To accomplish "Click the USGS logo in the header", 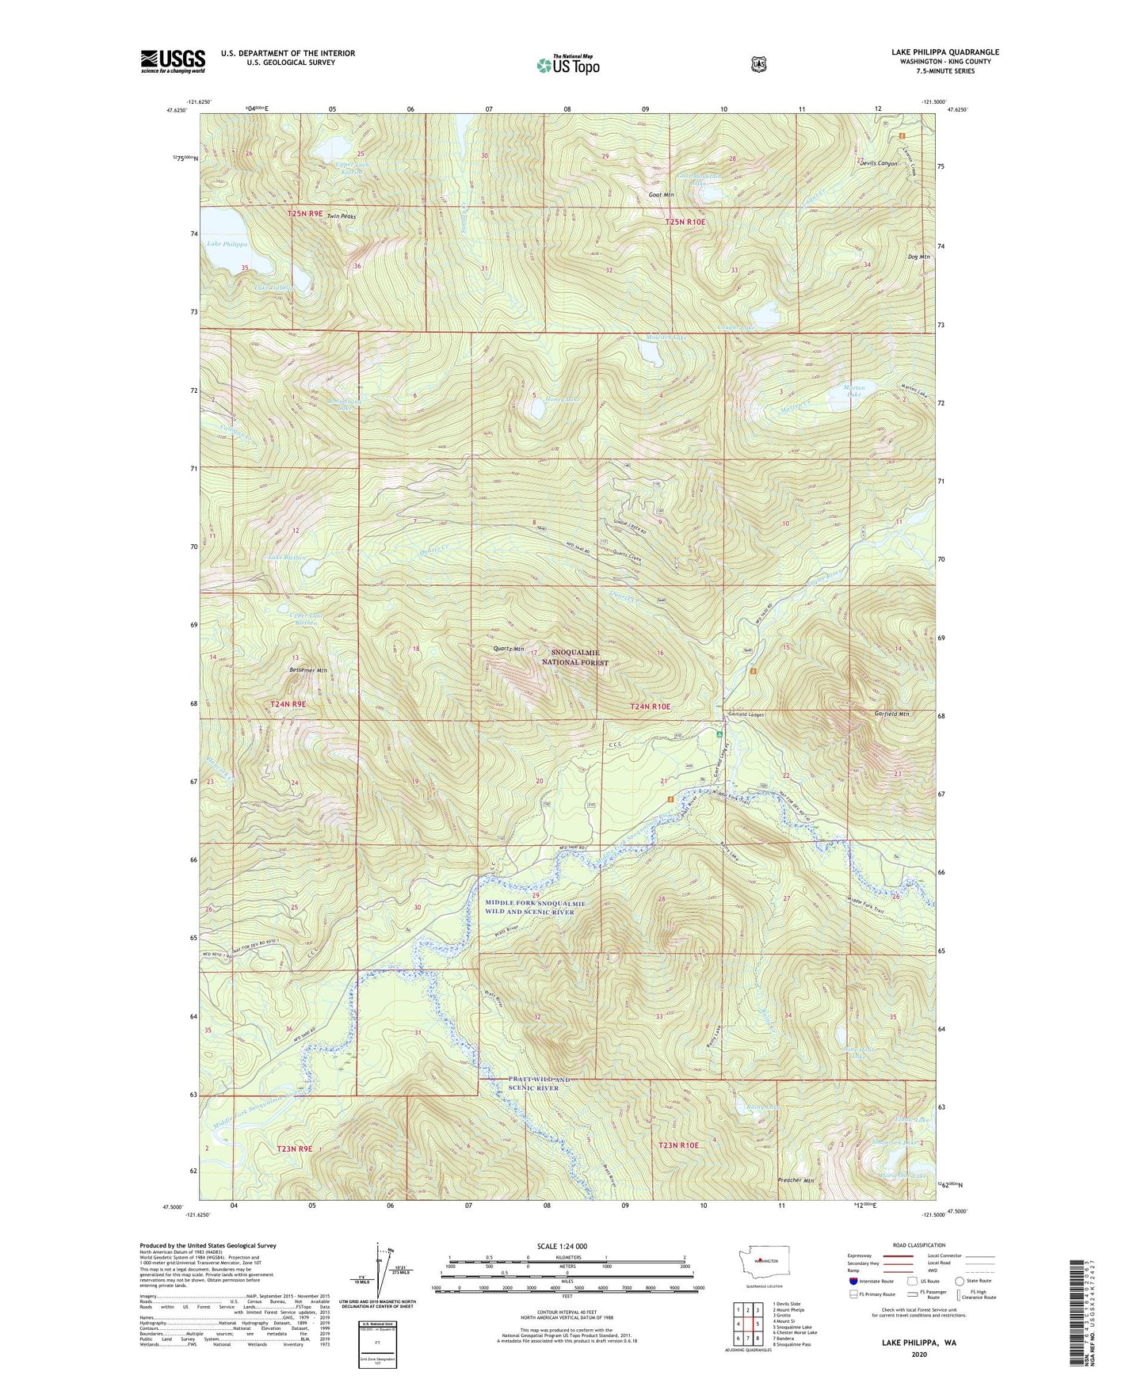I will pos(173,61).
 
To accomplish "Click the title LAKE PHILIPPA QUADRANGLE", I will pos(945,52).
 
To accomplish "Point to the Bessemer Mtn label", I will pos(305,671).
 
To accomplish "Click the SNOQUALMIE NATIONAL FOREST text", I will pos(574,657).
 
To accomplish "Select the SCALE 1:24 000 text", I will pos(562,1247).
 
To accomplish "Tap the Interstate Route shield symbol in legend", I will pos(853,1281).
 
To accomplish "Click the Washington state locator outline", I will pos(760,1275).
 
